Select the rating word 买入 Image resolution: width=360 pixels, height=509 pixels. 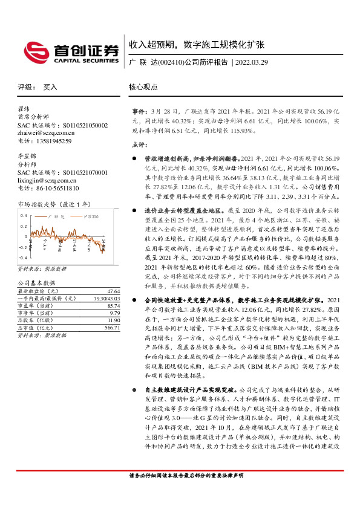50,87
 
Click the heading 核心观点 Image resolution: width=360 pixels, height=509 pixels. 143,87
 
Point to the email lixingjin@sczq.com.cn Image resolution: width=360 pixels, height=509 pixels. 47,180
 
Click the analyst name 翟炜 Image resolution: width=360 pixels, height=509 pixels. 24,109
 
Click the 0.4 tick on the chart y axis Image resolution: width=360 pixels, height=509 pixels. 23,215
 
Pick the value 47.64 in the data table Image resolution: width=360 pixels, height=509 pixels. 113,291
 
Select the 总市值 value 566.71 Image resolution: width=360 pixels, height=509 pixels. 112,328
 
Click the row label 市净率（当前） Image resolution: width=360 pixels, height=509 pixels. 36,314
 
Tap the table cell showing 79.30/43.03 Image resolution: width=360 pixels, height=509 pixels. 105,299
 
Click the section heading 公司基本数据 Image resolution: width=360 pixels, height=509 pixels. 36,283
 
